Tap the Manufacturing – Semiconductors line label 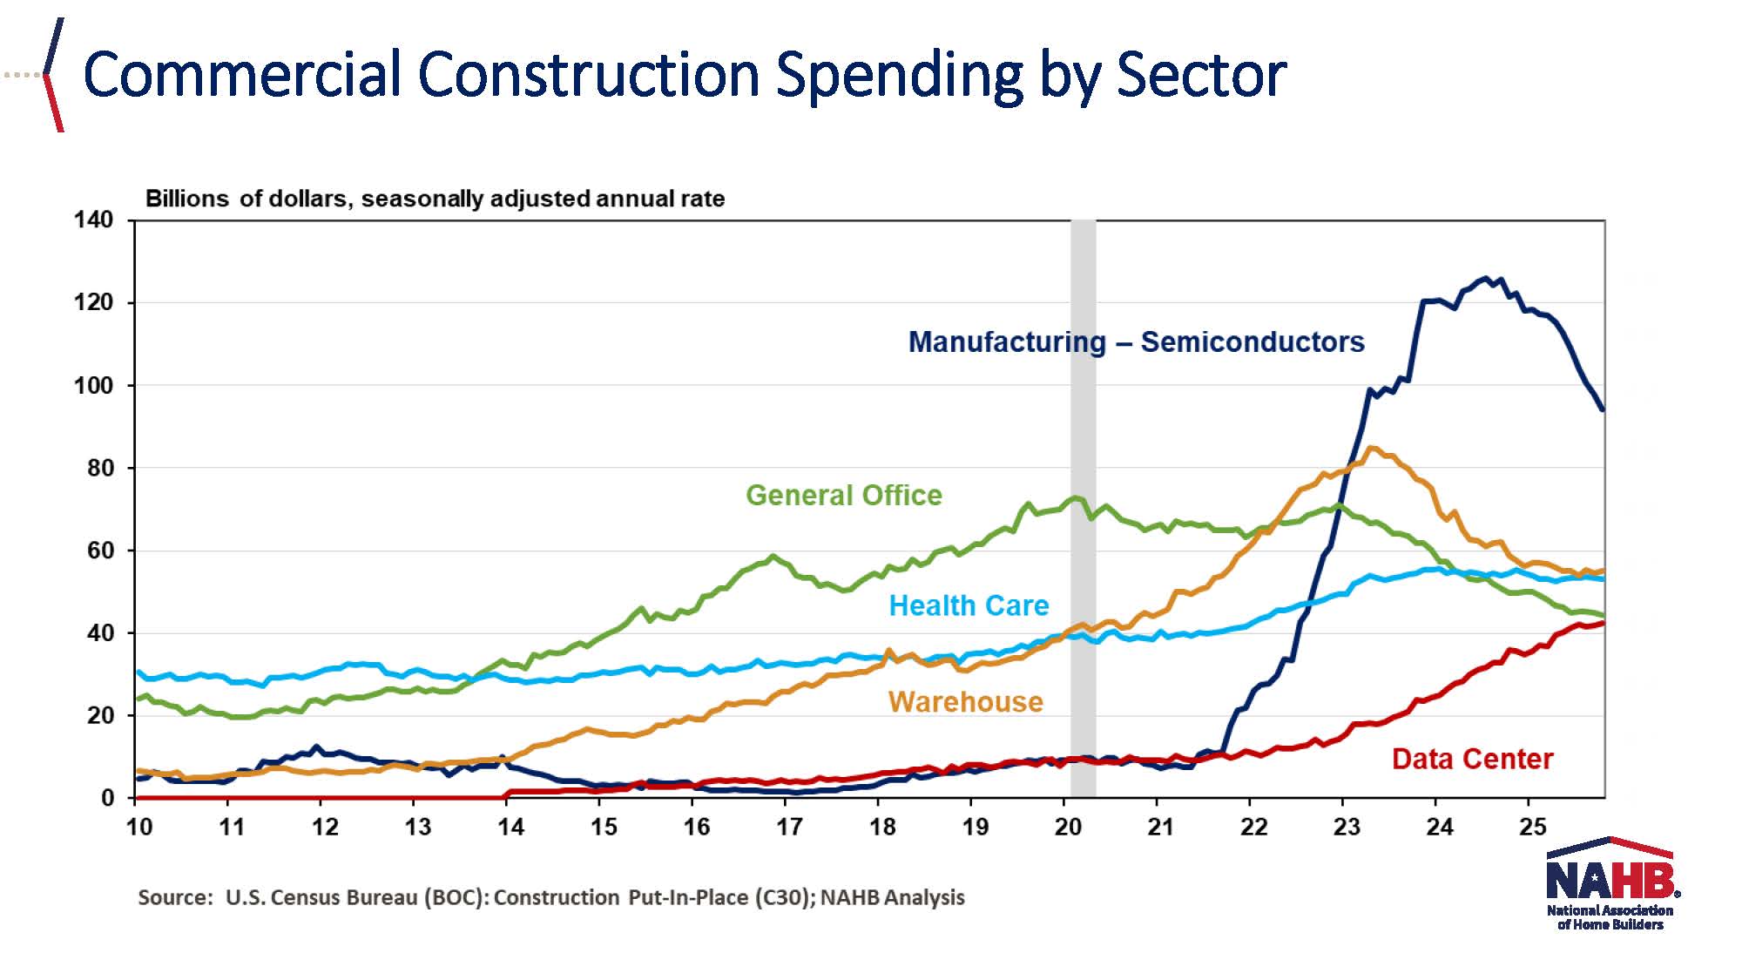tap(1136, 342)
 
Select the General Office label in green tap(843, 496)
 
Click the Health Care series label tap(968, 605)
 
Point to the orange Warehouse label tap(965, 702)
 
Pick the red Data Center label tap(1472, 759)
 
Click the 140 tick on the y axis tap(93, 220)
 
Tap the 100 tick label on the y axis tap(93, 385)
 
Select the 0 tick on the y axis tap(107, 798)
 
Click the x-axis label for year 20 tap(1068, 827)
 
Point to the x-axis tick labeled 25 tap(1532, 827)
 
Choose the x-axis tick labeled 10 tap(139, 827)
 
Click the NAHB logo tap(1610, 883)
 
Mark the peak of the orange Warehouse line tap(1371, 449)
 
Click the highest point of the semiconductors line tap(1486, 279)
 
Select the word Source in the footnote tap(175, 898)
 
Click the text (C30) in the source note tap(782, 898)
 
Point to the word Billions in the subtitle tap(186, 199)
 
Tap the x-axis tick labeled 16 tap(696, 827)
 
